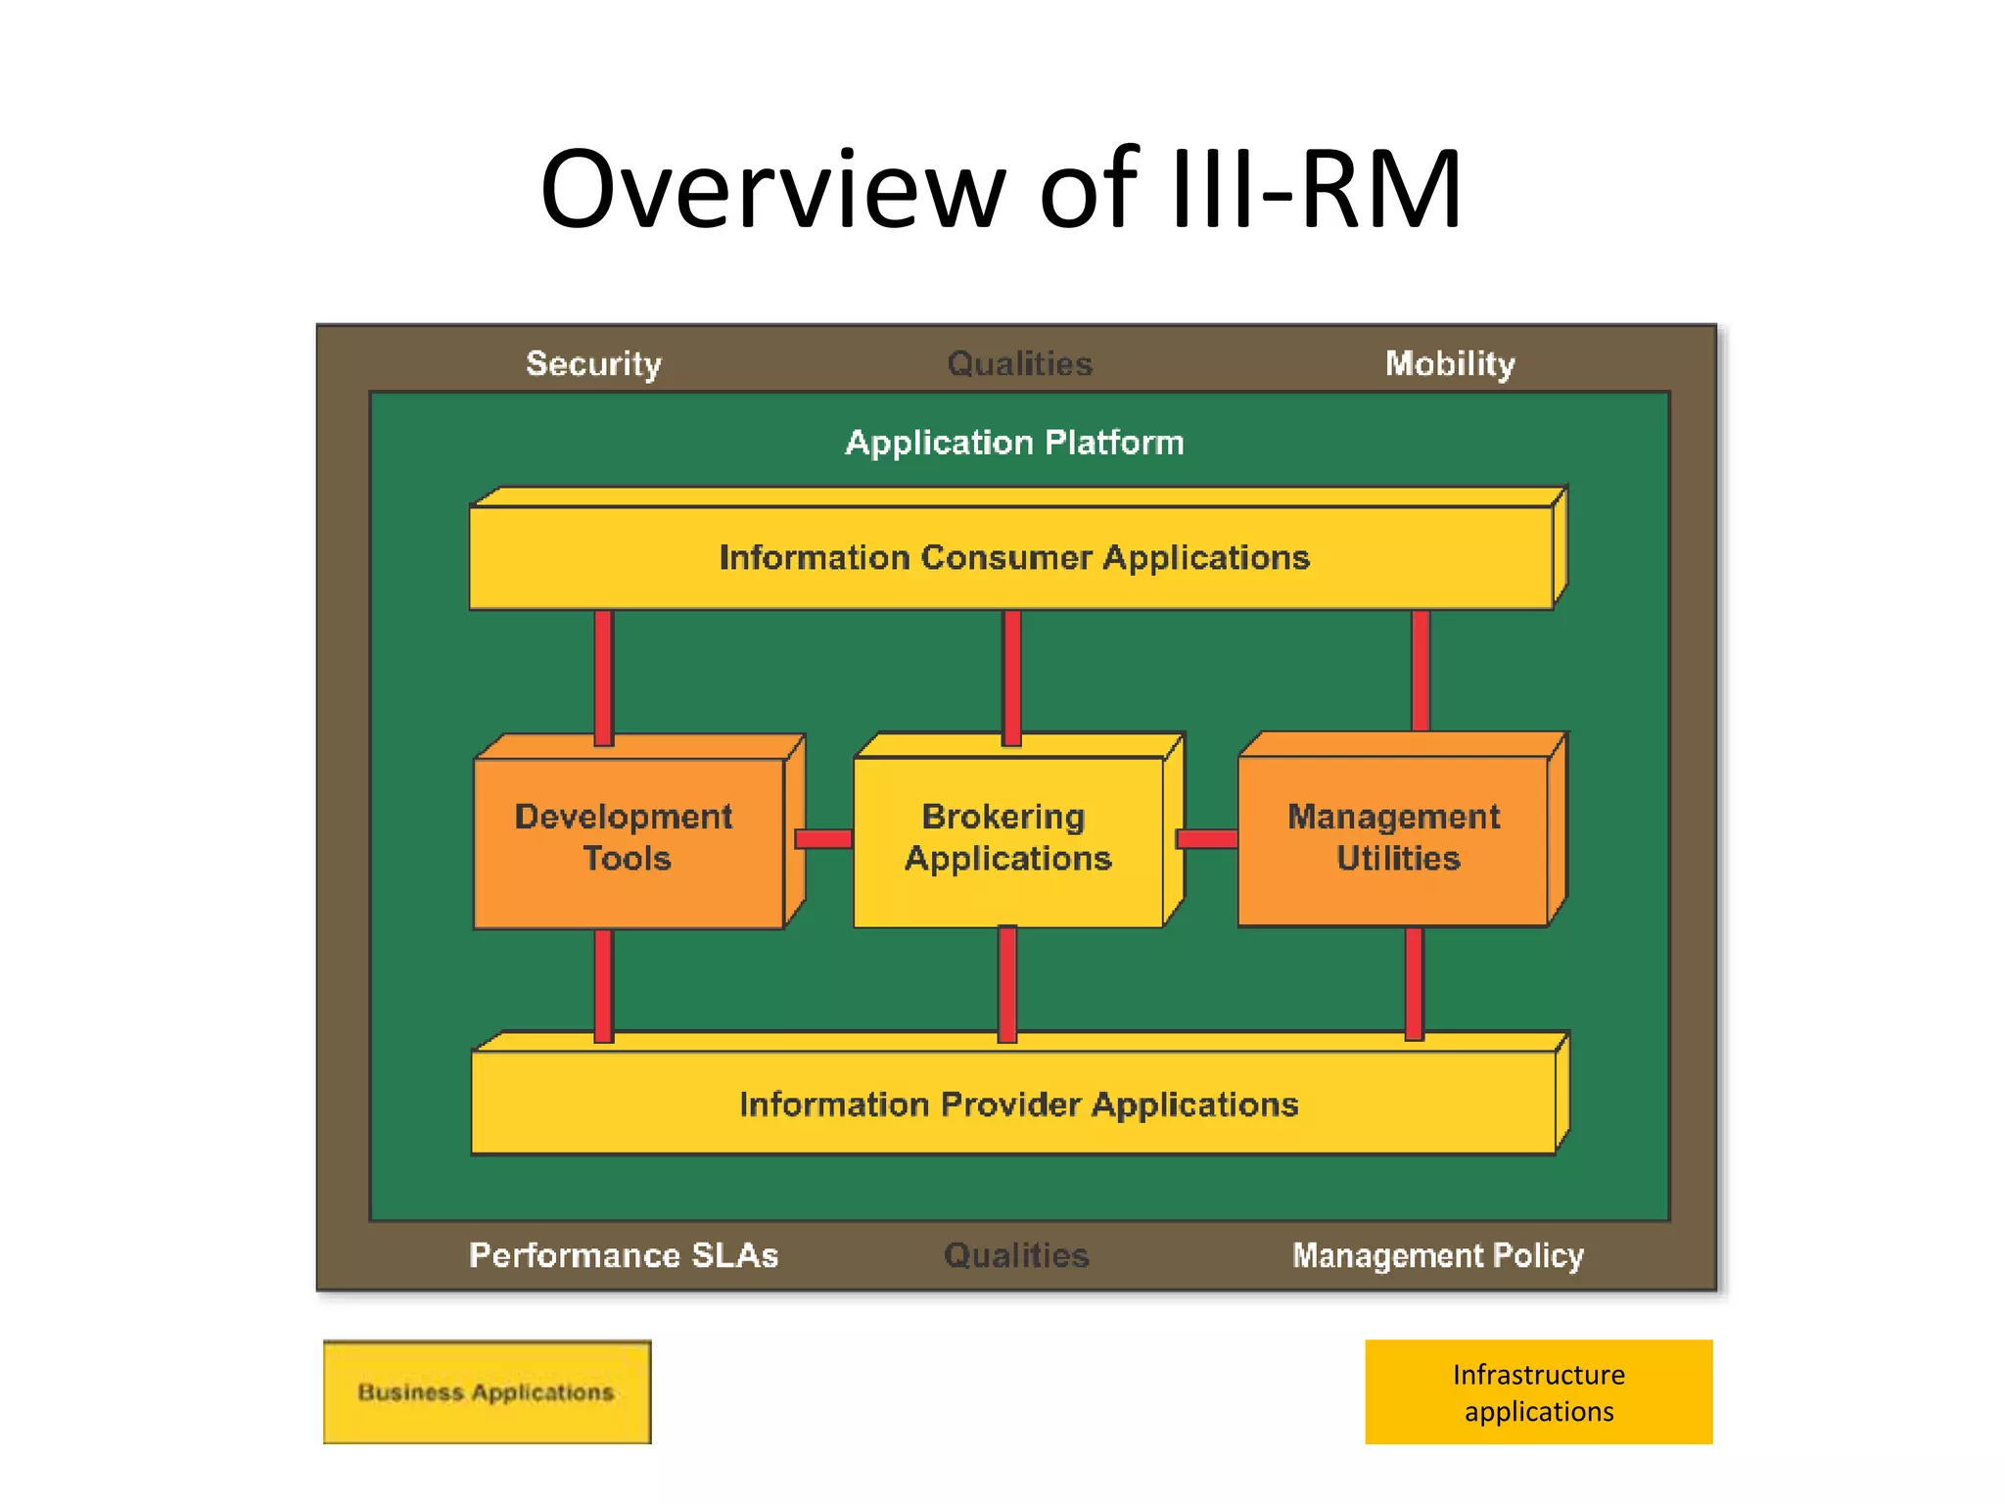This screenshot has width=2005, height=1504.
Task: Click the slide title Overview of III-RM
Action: (x=1001, y=189)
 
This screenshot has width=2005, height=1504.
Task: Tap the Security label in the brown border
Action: (x=593, y=364)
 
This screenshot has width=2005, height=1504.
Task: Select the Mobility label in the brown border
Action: (x=1449, y=364)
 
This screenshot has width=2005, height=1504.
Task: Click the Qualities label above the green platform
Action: (x=1019, y=364)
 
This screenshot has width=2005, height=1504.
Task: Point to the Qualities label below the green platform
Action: (x=1016, y=1255)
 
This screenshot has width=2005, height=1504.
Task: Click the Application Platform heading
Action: (x=1014, y=443)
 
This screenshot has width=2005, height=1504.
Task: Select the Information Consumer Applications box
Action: (x=1013, y=557)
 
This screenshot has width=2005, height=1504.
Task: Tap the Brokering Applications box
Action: (x=1008, y=838)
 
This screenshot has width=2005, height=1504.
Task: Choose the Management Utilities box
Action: (x=1394, y=838)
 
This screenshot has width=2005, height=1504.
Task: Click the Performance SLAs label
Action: (x=624, y=1255)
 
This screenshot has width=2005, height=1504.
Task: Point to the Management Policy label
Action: (x=1437, y=1255)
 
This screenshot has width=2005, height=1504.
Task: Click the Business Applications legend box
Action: (x=487, y=1391)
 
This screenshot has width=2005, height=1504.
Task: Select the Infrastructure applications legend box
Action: (x=1538, y=1391)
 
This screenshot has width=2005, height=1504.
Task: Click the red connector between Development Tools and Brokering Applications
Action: (x=823, y=839)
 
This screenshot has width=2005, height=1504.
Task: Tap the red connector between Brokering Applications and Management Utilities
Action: (x=1206, y=839)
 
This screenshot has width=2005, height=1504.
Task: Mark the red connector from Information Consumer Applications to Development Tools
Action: (x=604, y=676)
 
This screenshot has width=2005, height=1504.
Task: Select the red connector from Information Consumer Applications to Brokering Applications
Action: (x=1012, y=676)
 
